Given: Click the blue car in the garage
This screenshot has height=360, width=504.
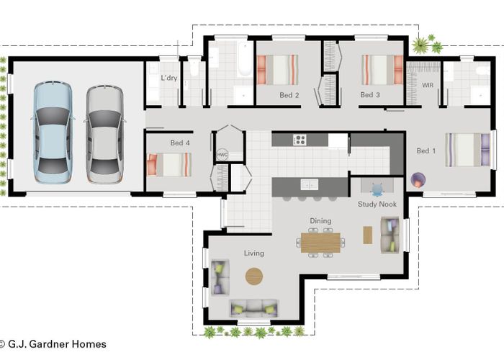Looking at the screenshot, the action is coord(53,132).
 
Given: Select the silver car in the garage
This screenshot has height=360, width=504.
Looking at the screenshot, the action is coord(105,134).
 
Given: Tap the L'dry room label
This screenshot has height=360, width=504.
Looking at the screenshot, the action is coord(169,78).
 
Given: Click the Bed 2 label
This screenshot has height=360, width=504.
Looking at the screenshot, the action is coord(289,95).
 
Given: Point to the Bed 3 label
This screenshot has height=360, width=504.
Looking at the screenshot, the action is coord(370,95).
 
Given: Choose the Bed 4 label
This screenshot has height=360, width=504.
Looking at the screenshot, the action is coord(180,143).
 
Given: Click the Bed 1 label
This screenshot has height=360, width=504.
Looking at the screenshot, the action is coord(426,150).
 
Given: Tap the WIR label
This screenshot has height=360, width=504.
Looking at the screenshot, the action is coord(428,85).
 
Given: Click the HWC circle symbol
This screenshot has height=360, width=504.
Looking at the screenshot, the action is coord(222,155).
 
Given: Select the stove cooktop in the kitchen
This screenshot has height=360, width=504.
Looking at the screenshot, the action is coord(300,140).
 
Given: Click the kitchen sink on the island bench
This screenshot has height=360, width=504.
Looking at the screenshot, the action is coord(309,184).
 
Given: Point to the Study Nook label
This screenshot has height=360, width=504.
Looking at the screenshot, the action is coord(377,204).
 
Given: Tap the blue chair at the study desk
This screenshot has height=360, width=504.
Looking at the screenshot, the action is coord(377,189).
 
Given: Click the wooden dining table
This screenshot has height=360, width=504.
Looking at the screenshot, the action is coord(321,243).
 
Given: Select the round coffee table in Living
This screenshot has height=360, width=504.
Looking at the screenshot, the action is coord(254,276).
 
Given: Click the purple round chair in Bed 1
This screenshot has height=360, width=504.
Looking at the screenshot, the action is coord(418,180).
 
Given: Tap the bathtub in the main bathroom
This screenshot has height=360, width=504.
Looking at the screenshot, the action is coord(245,60).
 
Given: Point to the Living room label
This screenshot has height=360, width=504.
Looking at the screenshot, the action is coord(254,253).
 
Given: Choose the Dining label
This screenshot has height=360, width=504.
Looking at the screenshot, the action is coord(320,221).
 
